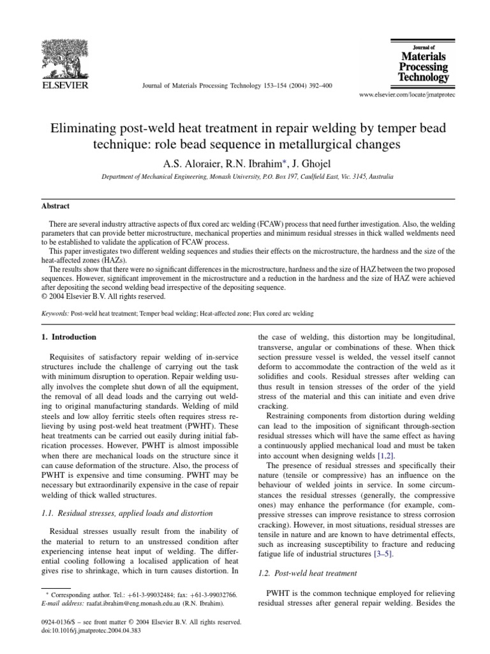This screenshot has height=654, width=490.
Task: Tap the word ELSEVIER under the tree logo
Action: tap(64, 84)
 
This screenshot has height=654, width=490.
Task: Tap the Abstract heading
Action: tap(56, 206)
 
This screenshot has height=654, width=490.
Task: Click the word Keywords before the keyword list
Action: tap(52, 314)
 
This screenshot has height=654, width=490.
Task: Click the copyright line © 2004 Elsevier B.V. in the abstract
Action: tap(98, 296)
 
